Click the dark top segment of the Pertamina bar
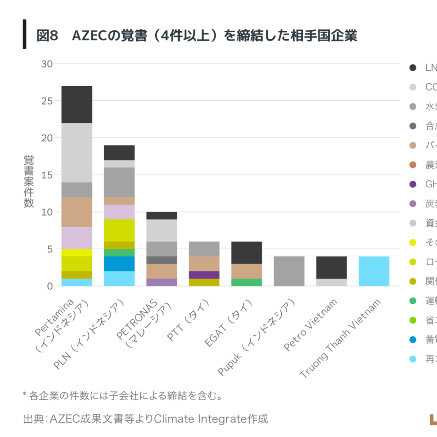(77, 104)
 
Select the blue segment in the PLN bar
(119, 263)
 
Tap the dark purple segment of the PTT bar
(204, 275)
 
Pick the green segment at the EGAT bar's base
(247, 282)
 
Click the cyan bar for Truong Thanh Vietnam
(374, 271)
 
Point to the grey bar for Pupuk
(289, 271)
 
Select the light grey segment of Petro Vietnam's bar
(332, 282)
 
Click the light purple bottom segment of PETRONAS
(162, 282)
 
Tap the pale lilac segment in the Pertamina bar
(77, 238)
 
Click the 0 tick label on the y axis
(50, 286)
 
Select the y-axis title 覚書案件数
(29, 181)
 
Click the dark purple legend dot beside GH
(413, 185)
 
